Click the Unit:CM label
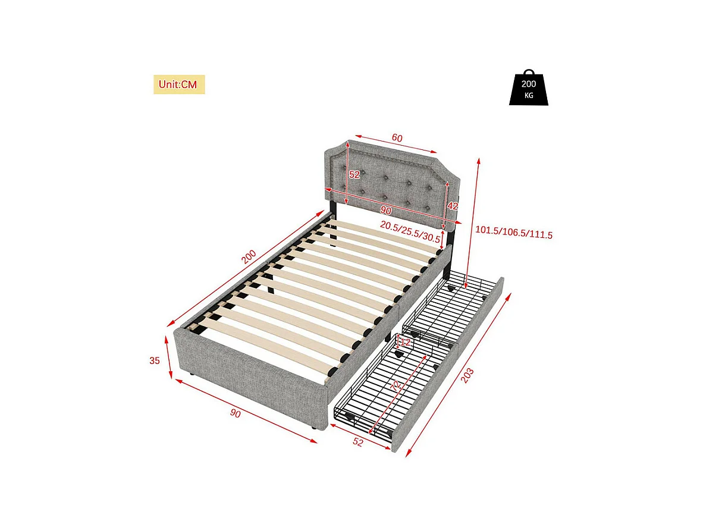179,84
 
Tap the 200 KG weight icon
528,89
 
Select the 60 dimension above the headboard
397,138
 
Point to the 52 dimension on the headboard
354,175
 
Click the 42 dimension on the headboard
453,205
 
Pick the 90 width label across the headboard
385,211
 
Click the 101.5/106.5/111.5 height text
514,235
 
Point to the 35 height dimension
155,360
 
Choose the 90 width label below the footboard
236,413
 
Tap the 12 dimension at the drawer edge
405,343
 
